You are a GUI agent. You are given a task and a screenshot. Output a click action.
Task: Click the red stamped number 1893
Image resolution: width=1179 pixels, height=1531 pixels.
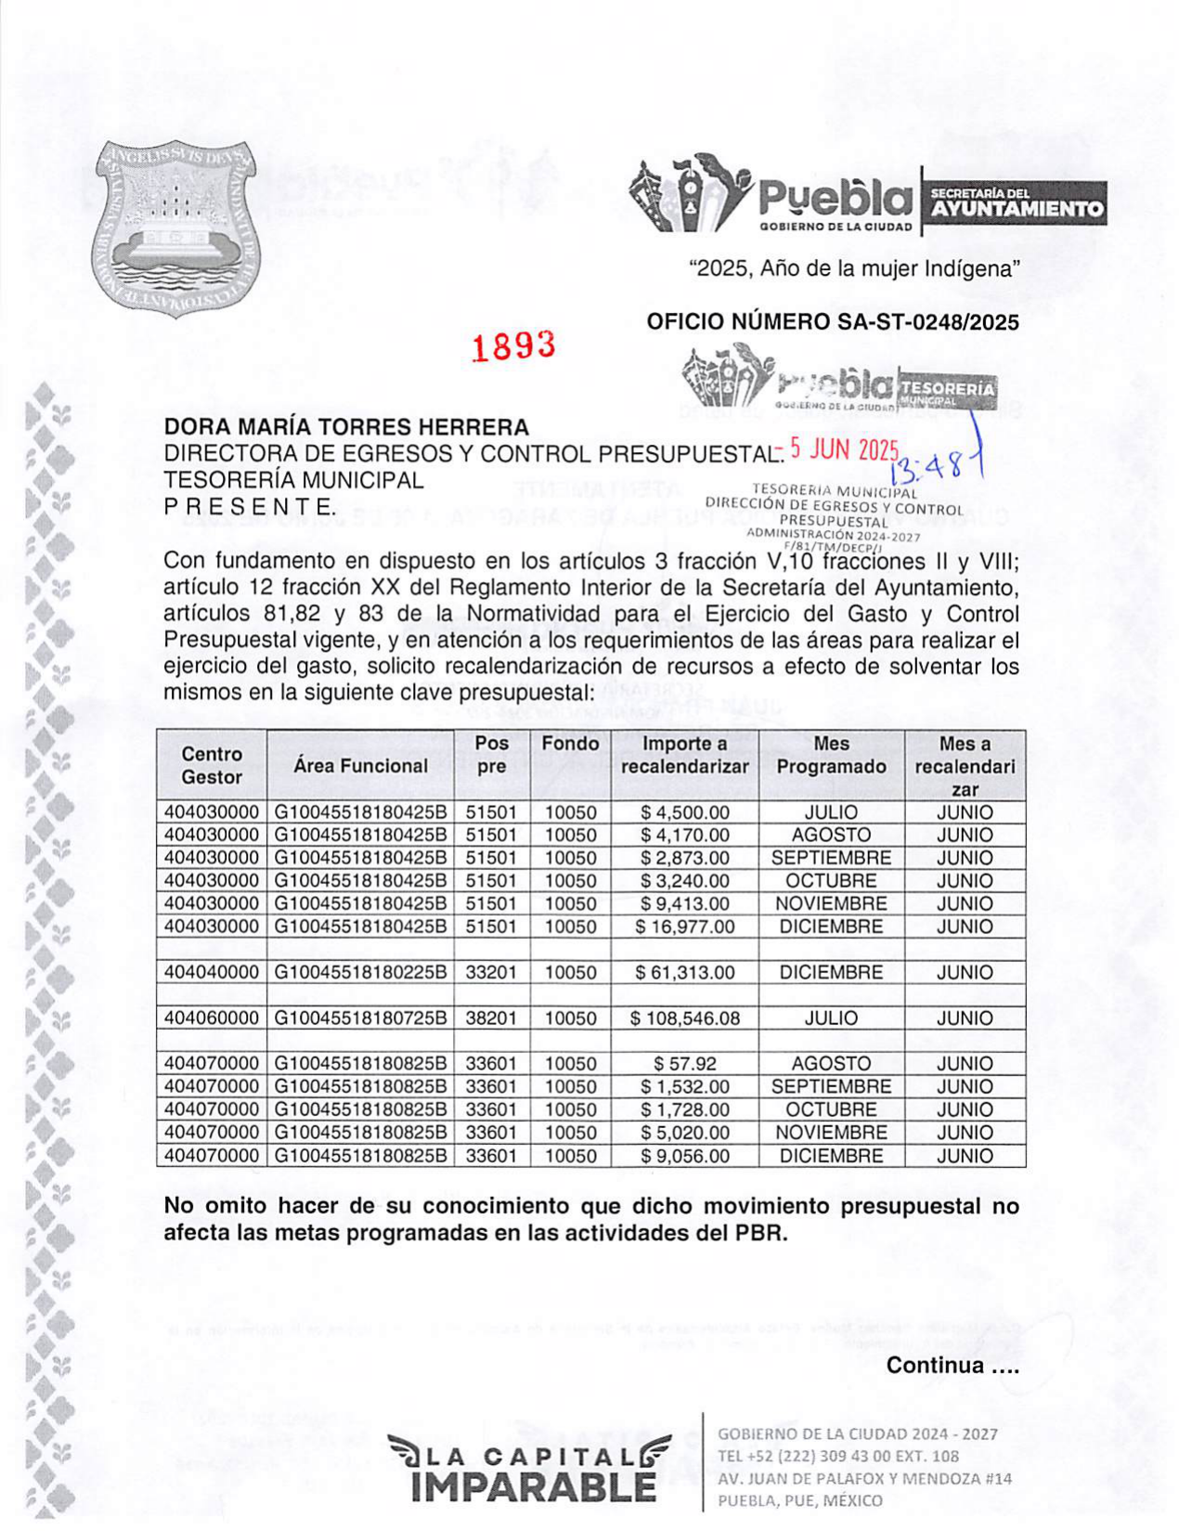tap(513, 345)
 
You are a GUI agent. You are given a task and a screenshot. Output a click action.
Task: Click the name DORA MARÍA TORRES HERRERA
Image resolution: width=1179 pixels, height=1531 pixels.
tap(346, 427)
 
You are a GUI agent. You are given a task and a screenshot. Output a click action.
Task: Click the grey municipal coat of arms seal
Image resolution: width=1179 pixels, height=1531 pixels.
tap(175, 228)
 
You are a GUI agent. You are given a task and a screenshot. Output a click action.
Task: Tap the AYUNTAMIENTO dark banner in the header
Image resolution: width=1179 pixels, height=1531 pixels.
tap(1016, 208)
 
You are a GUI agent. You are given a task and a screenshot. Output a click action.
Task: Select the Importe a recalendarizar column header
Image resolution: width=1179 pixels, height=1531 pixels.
tap(684, 756)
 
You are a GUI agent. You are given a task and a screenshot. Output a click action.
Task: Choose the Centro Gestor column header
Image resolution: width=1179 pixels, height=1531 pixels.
tap(212, 766)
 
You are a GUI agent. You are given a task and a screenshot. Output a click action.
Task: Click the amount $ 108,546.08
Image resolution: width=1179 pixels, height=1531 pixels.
tap(685, 1019)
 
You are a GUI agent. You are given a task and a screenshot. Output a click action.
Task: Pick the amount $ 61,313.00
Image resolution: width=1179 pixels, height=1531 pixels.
tap(685, 973)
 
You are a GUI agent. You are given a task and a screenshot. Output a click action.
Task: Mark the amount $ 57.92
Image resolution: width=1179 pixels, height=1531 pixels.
tap(685, 1064)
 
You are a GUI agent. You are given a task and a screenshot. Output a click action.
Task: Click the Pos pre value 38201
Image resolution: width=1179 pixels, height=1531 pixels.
tap(491, 1019)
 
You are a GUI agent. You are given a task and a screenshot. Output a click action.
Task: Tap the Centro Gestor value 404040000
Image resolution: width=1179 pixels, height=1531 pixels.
tap(212, 973)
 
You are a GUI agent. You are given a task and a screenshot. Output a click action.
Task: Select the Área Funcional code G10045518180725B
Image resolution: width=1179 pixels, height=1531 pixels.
tap(360, 1019)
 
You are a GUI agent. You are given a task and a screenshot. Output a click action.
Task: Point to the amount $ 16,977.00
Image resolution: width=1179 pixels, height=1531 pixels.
tap(685, 927)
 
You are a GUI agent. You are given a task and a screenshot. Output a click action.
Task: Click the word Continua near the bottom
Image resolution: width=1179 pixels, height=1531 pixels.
tap(936, 1366)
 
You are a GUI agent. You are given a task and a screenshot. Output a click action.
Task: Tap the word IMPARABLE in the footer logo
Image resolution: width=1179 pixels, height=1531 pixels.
tap(533, 1488)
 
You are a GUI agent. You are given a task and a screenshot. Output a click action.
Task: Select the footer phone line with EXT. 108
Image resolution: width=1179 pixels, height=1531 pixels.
tap(838, 1456)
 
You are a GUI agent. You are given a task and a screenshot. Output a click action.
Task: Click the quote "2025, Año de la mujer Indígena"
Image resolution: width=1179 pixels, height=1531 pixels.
tap(853, 269)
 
